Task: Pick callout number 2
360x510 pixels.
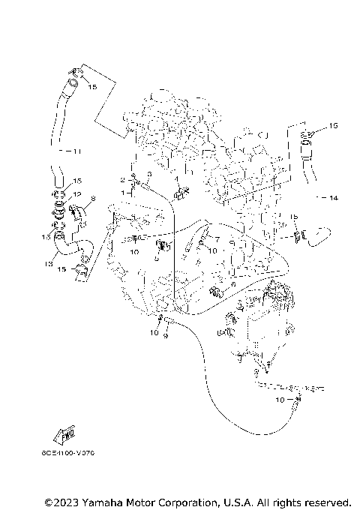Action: point(122,181)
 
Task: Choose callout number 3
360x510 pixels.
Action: point(148,174)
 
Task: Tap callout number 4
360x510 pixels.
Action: point(175,180)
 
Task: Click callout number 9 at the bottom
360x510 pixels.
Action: point(166,336)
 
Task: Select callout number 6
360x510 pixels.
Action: point(232,285)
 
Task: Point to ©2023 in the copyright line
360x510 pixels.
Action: point(60,501)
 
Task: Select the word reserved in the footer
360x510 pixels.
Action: point(325,501)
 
